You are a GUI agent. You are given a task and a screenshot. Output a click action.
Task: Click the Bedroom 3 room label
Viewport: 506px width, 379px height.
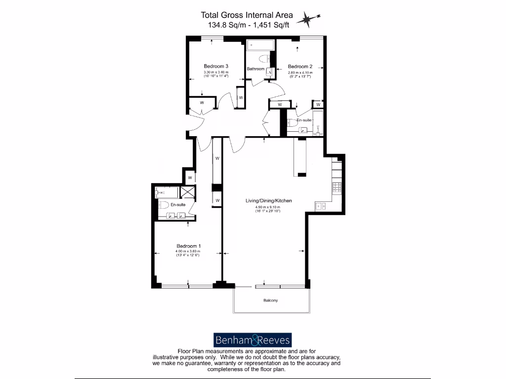216,66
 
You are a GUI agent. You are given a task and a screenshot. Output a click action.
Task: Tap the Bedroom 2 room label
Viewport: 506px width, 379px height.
300,67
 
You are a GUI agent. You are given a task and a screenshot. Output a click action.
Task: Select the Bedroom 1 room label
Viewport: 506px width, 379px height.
189,246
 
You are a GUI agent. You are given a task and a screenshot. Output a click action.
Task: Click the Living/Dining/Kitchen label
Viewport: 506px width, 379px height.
269,201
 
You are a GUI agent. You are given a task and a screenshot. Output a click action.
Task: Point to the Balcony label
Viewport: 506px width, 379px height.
270,301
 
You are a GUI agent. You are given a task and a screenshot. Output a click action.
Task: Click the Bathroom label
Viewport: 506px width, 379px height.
256,69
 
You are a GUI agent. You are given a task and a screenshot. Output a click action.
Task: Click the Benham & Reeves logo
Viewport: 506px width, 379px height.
253,340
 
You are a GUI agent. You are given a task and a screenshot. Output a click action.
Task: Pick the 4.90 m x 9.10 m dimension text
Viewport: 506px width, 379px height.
268,207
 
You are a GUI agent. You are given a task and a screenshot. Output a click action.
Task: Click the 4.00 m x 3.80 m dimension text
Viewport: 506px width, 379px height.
189,252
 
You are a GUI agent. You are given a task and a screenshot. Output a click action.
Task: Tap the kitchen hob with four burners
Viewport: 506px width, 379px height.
337,187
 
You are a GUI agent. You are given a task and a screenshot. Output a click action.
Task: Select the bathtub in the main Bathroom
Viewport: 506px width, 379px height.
260,45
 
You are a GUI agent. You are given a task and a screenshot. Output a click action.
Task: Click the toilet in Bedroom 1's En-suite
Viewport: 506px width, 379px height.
164,204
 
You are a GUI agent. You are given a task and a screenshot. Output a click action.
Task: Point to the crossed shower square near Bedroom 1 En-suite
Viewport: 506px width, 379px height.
188,192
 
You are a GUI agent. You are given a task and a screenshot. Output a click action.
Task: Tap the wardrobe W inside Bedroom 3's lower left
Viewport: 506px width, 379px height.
202,102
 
